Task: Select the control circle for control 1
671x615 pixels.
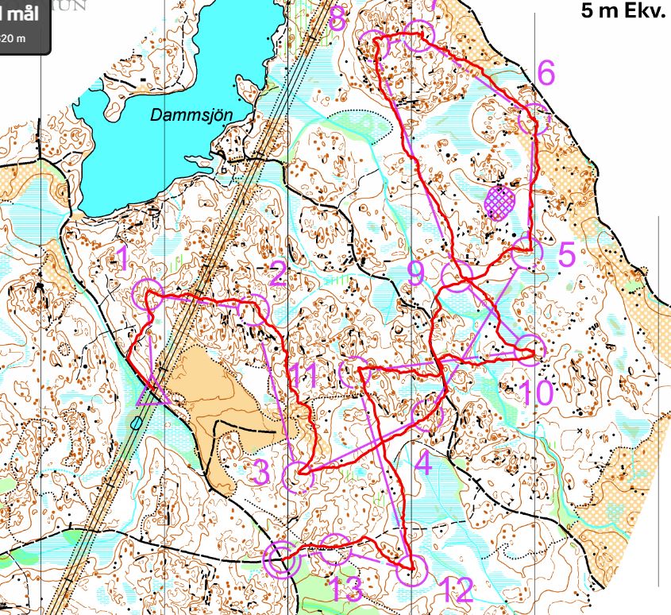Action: coord(147,294)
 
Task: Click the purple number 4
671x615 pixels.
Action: coord(422,462)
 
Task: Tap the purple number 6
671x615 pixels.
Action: coord(546,73)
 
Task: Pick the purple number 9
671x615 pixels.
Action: coord(416,273)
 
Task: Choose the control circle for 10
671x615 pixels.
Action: coord(530,348)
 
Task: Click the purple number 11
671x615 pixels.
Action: coord(303,375)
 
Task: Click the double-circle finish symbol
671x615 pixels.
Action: coord(281,561)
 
